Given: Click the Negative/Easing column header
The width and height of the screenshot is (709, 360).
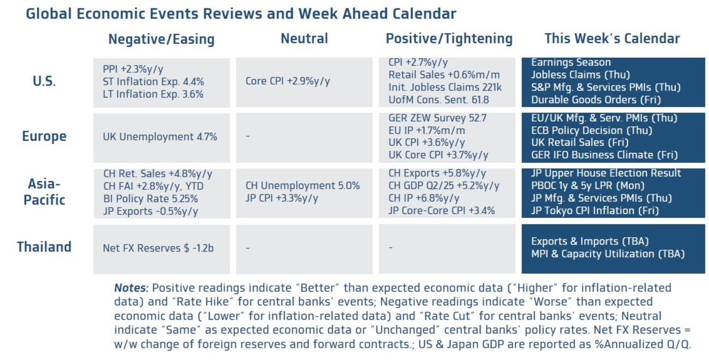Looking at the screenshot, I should [161, 39].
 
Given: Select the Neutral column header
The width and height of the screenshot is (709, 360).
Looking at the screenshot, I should [304, 39].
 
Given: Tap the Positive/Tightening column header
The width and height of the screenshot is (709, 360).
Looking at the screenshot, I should [449, 39].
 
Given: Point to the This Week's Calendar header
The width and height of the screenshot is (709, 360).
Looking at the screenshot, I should [612, 39].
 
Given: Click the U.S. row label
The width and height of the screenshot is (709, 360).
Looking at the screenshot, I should [44, 82].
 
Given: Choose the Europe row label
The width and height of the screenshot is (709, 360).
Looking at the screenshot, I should [44, 137].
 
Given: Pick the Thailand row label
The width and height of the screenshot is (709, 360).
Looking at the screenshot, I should [44, 247].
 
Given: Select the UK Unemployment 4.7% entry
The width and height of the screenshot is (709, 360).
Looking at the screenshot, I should [160, 137].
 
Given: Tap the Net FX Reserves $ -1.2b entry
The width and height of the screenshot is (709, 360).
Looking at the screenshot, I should [158, 248].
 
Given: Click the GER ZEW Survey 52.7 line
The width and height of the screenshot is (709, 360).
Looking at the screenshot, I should [438, 118].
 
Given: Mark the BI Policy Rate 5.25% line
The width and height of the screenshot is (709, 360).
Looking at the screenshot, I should [150, 199].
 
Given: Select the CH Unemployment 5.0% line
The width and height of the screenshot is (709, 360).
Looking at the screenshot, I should [302, 186].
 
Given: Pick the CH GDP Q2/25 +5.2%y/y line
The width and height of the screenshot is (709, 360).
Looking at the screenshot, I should [444, 186].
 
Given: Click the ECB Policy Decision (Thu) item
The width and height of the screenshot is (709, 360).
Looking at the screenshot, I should [591, 131].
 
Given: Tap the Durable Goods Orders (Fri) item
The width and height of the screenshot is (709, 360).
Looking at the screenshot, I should [595, 100].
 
